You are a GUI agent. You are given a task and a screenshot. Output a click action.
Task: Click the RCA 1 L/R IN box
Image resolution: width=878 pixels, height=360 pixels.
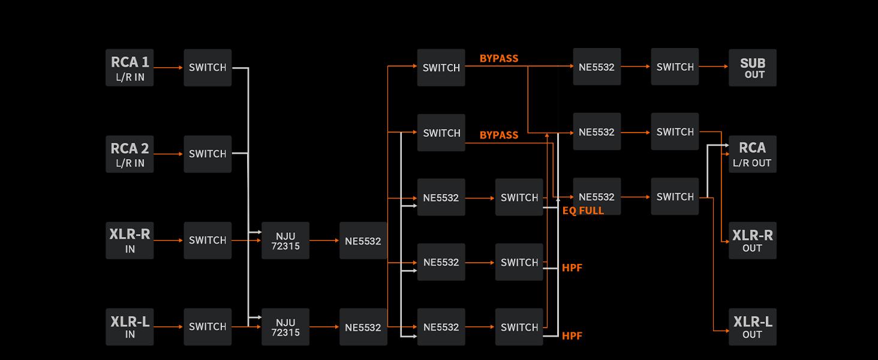[x=130, y=68]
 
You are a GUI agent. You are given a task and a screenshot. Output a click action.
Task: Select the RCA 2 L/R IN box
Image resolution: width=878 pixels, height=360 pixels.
[x=130, y=154]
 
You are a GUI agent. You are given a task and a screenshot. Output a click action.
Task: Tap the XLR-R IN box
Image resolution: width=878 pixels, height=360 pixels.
[x=130, y=241]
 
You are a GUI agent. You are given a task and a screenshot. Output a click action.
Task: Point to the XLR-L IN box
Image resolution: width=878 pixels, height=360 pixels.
[x=130, y=327]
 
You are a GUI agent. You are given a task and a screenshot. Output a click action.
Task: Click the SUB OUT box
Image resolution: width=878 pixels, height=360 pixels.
[x=752, y=68]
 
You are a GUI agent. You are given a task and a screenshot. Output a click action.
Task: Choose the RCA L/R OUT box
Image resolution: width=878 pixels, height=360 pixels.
[x=752, y=154]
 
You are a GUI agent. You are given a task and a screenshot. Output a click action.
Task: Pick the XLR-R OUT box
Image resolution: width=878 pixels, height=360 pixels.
[x=752, y=241]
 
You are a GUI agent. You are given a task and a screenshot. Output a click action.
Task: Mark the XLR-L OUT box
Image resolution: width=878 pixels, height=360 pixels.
[x=752, y=327]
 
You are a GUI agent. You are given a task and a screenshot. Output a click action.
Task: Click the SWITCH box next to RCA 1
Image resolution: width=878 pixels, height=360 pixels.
[x=208, y=68]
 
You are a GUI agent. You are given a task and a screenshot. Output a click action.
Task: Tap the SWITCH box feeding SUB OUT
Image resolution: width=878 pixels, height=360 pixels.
[x=675, y=67]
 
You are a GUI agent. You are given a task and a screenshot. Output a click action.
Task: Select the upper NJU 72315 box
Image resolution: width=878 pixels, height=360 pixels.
[x=285, y=241]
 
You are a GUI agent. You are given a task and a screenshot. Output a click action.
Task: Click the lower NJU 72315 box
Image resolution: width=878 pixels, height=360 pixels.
[x=285, y=327]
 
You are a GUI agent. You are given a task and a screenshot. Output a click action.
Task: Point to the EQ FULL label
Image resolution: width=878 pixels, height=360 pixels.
[x=583, y=211]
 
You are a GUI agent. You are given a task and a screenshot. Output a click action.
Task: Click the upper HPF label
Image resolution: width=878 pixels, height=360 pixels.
[x=572, y=268]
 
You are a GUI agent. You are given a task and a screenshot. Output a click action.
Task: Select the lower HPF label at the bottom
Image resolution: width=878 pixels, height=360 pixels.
[x=572, y=336]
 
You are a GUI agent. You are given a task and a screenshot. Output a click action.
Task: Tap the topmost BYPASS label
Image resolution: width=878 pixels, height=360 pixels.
[x=499, y=58]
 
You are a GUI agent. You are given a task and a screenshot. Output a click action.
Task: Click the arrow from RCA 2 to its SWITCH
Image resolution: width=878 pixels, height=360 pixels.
[x=169, y=154]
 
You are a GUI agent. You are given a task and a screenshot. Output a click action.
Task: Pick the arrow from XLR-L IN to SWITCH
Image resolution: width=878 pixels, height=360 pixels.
[x=169, y=327]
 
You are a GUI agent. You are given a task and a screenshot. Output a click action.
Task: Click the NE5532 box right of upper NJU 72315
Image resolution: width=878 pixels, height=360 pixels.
[x=363, y=241]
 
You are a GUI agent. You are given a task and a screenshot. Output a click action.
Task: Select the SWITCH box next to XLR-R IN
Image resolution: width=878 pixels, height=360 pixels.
[x=208, y=241]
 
